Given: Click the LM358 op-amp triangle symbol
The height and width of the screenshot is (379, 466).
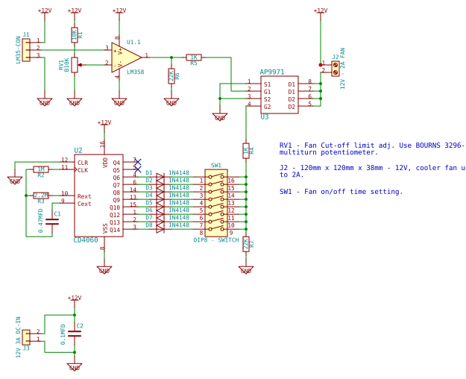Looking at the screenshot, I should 125,57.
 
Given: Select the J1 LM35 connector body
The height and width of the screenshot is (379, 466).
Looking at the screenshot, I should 26,50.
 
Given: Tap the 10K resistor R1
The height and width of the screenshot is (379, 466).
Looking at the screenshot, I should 75,34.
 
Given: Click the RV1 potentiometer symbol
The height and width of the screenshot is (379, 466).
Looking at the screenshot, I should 75,65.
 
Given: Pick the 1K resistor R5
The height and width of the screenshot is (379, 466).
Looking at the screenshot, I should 194,57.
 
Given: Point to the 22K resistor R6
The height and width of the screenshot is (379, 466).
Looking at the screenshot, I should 171,75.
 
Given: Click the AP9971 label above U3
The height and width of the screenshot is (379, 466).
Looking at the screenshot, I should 272,72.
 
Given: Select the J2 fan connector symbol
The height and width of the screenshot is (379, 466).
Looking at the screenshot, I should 336,69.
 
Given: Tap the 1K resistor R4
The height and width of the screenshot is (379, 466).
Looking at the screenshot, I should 246,151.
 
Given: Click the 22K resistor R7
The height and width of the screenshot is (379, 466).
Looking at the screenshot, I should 246,244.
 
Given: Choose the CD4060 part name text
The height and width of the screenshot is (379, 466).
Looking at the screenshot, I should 86,240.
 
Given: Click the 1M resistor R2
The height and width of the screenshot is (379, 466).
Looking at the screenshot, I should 41,169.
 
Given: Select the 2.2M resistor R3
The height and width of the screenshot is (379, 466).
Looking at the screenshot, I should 41,195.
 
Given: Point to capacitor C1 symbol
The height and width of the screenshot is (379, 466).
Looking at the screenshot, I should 52,221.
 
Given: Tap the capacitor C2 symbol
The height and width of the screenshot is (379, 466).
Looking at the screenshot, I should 75,333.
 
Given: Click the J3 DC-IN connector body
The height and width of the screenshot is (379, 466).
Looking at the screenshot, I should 26,337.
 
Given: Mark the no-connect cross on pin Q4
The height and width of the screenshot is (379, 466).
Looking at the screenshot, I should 137,162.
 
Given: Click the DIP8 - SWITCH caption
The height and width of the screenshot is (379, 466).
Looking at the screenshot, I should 216,240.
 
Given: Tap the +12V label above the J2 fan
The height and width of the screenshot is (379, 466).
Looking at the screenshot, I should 321,10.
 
